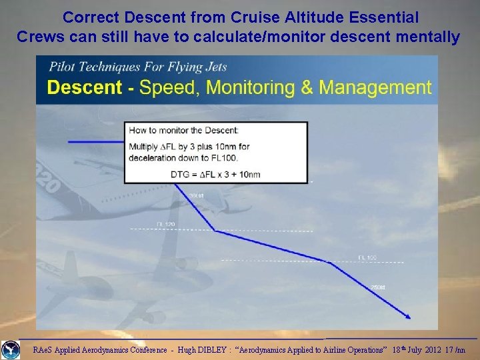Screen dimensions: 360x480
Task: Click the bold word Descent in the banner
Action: click(x=85, y=87)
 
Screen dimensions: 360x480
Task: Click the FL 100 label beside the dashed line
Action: click(x=367, y=257)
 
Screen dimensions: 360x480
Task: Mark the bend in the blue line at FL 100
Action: click(x=329, y=262)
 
